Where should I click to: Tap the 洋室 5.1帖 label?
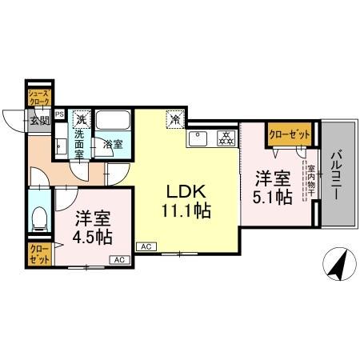pyautogui.click(x=273, y=187)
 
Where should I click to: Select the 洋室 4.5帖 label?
pyautogui.click(x=94, y=227)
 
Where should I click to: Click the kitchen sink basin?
pyautogui.click(x=197, y=139)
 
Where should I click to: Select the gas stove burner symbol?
pyautogui.click(x=225, y=138)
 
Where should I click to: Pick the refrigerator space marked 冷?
pyautogui.click(x=173, y=119)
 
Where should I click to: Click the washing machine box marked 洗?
pyautogui.click(x=80, y=119)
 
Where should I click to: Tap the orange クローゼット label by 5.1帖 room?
pyautogui.click(x=289, y=135)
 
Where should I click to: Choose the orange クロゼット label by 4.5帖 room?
pyautogui.click(x=39, y=255)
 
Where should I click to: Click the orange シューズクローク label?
pyautogui.click(x=39, y=98)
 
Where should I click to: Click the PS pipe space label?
pyautogui.click(x=59, y=114)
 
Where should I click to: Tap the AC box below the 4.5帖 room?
pyautogui.click(x=117, y=259)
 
